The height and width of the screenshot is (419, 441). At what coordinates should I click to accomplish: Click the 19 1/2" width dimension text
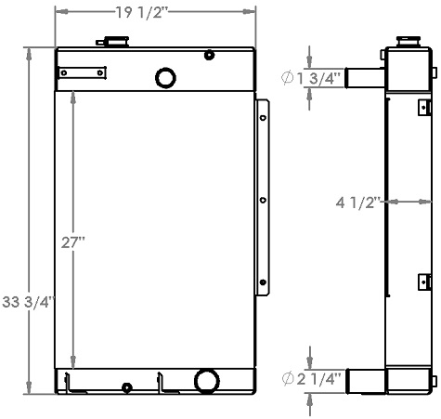pyautogui.click(x=155, y=12)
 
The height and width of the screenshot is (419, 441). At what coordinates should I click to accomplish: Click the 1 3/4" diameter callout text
pyautogui.click(x=307, y=77)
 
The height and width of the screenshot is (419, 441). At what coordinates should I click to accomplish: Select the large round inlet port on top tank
pyautogui.click(x=165, y=76)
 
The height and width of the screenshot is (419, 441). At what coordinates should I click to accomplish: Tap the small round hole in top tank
pyautogui.click(x=210, y=56)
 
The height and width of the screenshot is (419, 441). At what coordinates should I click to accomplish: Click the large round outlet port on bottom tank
pyautogui.click(x=206, y=381)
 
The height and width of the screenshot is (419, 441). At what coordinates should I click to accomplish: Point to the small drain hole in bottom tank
pyautogui.click(x=127, y=386)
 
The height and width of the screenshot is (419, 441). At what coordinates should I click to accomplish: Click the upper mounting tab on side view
pyautogui.click(x=423, y=104)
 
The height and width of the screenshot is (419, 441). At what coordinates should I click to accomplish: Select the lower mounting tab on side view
pyautogui.click(x=424, y=281)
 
